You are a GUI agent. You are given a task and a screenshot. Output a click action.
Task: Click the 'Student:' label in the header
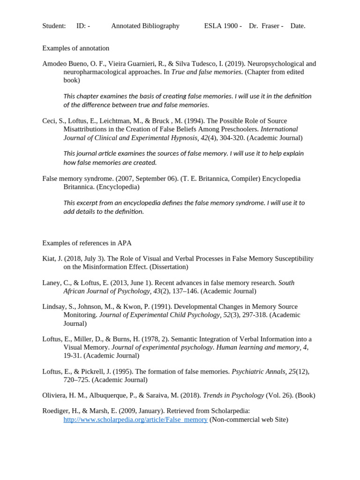coord(54,26)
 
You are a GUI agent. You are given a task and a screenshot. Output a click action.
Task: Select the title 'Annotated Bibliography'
coord(145,26)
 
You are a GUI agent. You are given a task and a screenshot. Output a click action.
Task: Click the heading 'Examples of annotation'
coord(75,48)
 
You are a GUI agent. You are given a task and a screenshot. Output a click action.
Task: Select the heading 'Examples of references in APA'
coord(87,243)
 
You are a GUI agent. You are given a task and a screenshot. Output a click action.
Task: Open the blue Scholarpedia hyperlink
coord(135,420)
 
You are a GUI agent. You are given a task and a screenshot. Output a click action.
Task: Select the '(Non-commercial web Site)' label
coord(249,420)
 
